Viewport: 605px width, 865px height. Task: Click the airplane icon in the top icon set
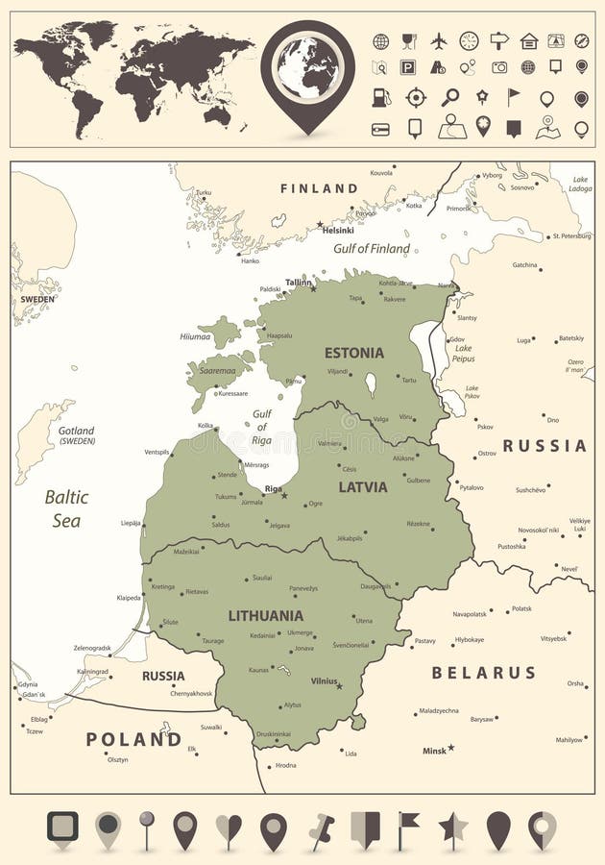(439, 40)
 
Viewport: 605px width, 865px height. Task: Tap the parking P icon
(408, 67)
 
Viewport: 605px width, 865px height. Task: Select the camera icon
(499, 67)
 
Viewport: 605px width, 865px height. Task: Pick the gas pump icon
(381, 98)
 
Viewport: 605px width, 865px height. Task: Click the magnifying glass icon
(449, 97)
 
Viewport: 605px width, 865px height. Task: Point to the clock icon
(469, 40)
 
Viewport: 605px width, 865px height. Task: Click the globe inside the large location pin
(307, 67)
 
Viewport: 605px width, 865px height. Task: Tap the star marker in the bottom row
(452, 828)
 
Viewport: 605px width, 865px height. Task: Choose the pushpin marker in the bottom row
(320, 829)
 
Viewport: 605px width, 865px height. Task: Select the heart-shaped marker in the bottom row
(229, 828)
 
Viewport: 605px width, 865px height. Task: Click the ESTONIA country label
(353, 353)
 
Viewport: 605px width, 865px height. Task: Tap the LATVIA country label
(363, 487)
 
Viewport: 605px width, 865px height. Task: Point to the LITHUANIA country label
(265, 615)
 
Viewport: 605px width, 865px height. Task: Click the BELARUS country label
(483, 673)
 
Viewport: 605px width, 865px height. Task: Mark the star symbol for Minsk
(450, 748)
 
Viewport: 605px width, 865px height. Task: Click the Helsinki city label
(338, 231)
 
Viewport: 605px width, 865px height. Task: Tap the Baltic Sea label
(66, 508)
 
